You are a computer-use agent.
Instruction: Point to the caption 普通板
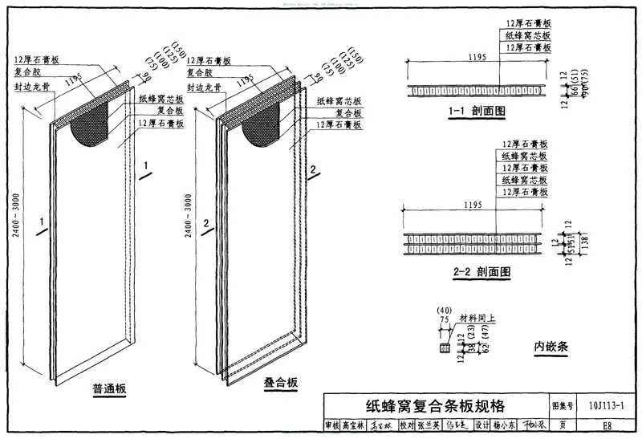[x=109, y=390]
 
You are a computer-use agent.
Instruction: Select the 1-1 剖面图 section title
[x=477, y=113]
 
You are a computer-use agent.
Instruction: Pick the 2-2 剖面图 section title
[x=481, y=272]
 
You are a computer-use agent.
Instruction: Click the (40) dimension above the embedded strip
[x=443, y=310]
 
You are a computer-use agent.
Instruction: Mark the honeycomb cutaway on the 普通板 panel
[x=91, y=127]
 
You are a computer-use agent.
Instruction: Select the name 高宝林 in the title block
[x=352, y=425]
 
